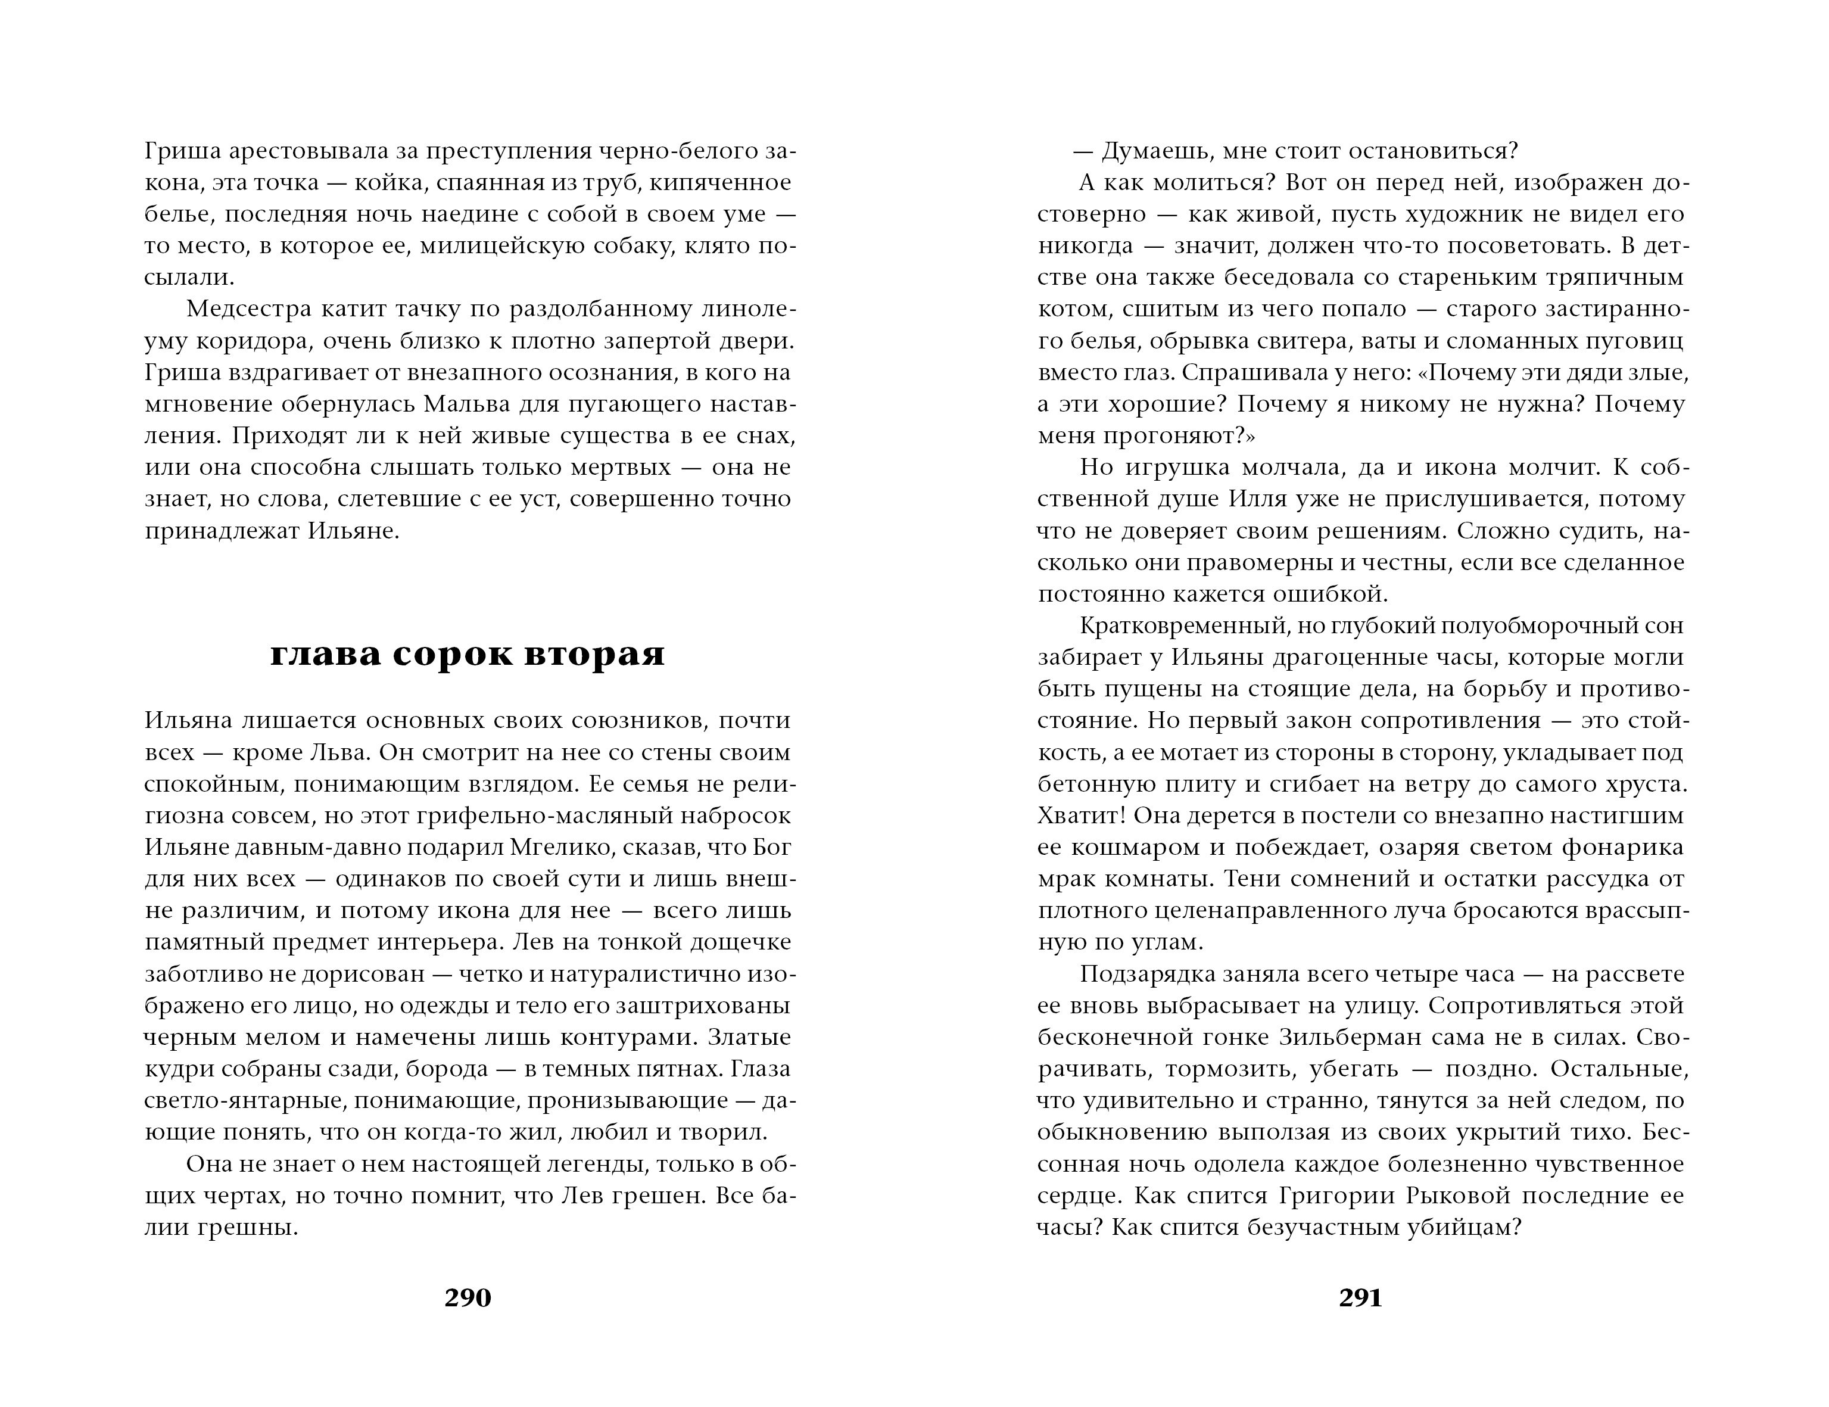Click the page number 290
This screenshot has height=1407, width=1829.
tap(468, 1297)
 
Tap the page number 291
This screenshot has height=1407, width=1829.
tap(1361, 1297)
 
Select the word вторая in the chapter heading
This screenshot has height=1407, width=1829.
tap(594, 654)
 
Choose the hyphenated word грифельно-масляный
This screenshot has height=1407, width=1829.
tap(509, 815)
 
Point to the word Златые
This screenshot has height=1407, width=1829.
tap(749, 1038)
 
